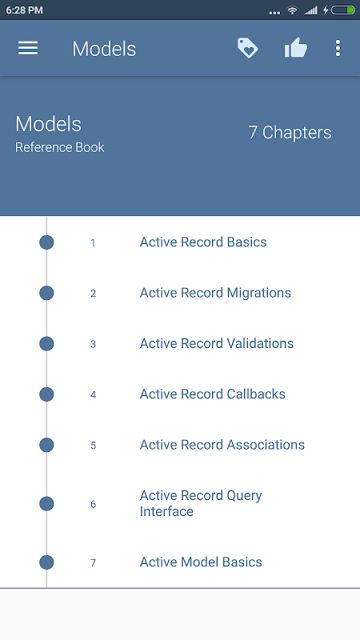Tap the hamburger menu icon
pyautogui.click(x=28, y=48)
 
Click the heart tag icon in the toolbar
pyautogui.click(x=248, y=48)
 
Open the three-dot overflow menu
pyautogui.click(x=338, y=48)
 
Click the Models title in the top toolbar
pyautogui.click(x=104, y=49)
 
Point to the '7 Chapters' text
pyautogui.click(x=290, y=133)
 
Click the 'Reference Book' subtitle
pyautogui.click(x=59, y=147)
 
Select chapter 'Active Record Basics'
pyautogui.click(x=203, y=242)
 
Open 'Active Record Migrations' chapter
pyautogui.click(x=215, y=293)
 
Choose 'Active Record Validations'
pyautogui.click(x=217, y=343)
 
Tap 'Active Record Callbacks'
pyautogui.click(x=213, y=394)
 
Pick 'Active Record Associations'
pyautogui.click(x=222, y=445)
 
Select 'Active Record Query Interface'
pyautogui.click(x=201, y=503)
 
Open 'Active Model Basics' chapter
pyautogui.click(x=201, y=562)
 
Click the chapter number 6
pyautogui.click(x=93, y=505)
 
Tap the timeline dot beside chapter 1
pyautogui.click(x=46, y=242)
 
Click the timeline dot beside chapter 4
pyautogui.click(x=46, y=394)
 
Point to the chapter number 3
pyautogui.click(x=93, y=344)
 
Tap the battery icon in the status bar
pyautogui.click(x=343, y=10)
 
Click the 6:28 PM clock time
pyautogui.click(x=25, y=10)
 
